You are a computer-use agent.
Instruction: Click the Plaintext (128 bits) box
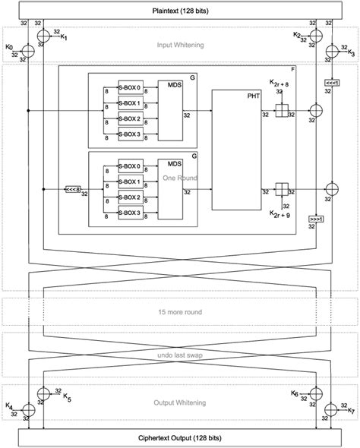[180, 11]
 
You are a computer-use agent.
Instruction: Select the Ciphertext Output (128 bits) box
[180, 437]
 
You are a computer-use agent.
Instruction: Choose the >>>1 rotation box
[315, 220]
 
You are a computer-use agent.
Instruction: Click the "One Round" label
[180, 177]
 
